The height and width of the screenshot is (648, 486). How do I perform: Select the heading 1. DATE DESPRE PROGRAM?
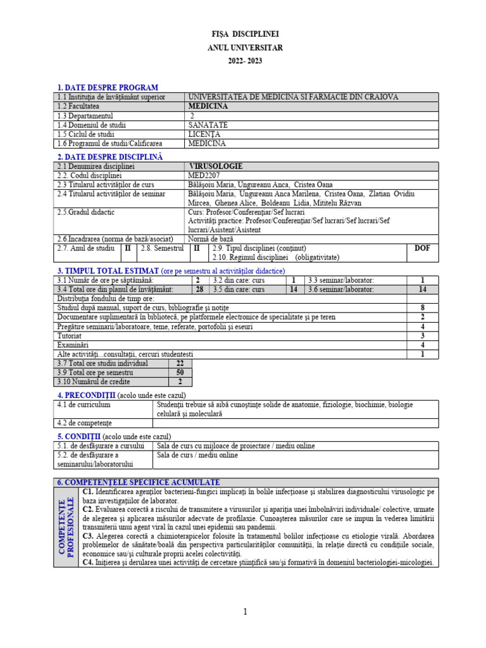108,87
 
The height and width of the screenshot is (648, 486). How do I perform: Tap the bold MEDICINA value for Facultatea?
208,106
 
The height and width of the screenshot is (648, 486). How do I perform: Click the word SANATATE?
208,125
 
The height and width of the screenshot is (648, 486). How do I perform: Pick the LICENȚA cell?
204,134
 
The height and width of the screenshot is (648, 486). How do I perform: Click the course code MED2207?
205,175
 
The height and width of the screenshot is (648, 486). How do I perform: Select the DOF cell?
421,249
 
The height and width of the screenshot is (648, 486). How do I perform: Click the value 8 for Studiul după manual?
421,308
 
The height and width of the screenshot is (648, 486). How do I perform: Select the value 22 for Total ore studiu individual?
180,364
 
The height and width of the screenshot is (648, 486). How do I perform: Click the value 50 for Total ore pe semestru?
180,373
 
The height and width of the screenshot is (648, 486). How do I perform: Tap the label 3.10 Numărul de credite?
94,382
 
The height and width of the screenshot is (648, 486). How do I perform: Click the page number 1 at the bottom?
245,611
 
